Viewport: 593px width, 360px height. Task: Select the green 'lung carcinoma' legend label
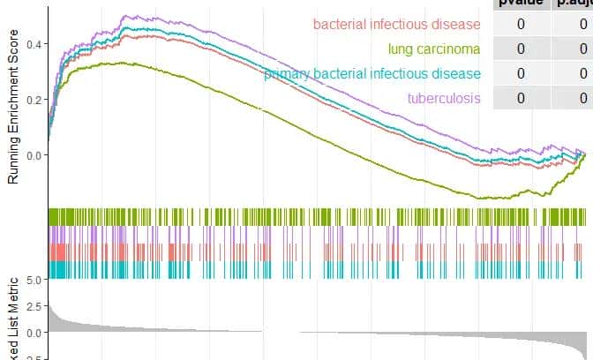(433, 49)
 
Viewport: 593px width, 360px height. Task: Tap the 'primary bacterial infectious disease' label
(372, 73)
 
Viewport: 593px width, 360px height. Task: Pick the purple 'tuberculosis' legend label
(444, 97)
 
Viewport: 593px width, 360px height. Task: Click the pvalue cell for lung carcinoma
(521, 49)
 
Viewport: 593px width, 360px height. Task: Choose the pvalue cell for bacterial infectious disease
(521, 24)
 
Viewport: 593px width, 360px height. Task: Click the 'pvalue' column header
(521, 4)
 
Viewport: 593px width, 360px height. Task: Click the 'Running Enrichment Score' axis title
(13, 104)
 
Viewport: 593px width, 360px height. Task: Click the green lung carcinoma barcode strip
(318, 217)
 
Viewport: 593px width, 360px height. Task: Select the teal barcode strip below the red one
(318, 269)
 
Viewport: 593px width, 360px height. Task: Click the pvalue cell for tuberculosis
(521, 97)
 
